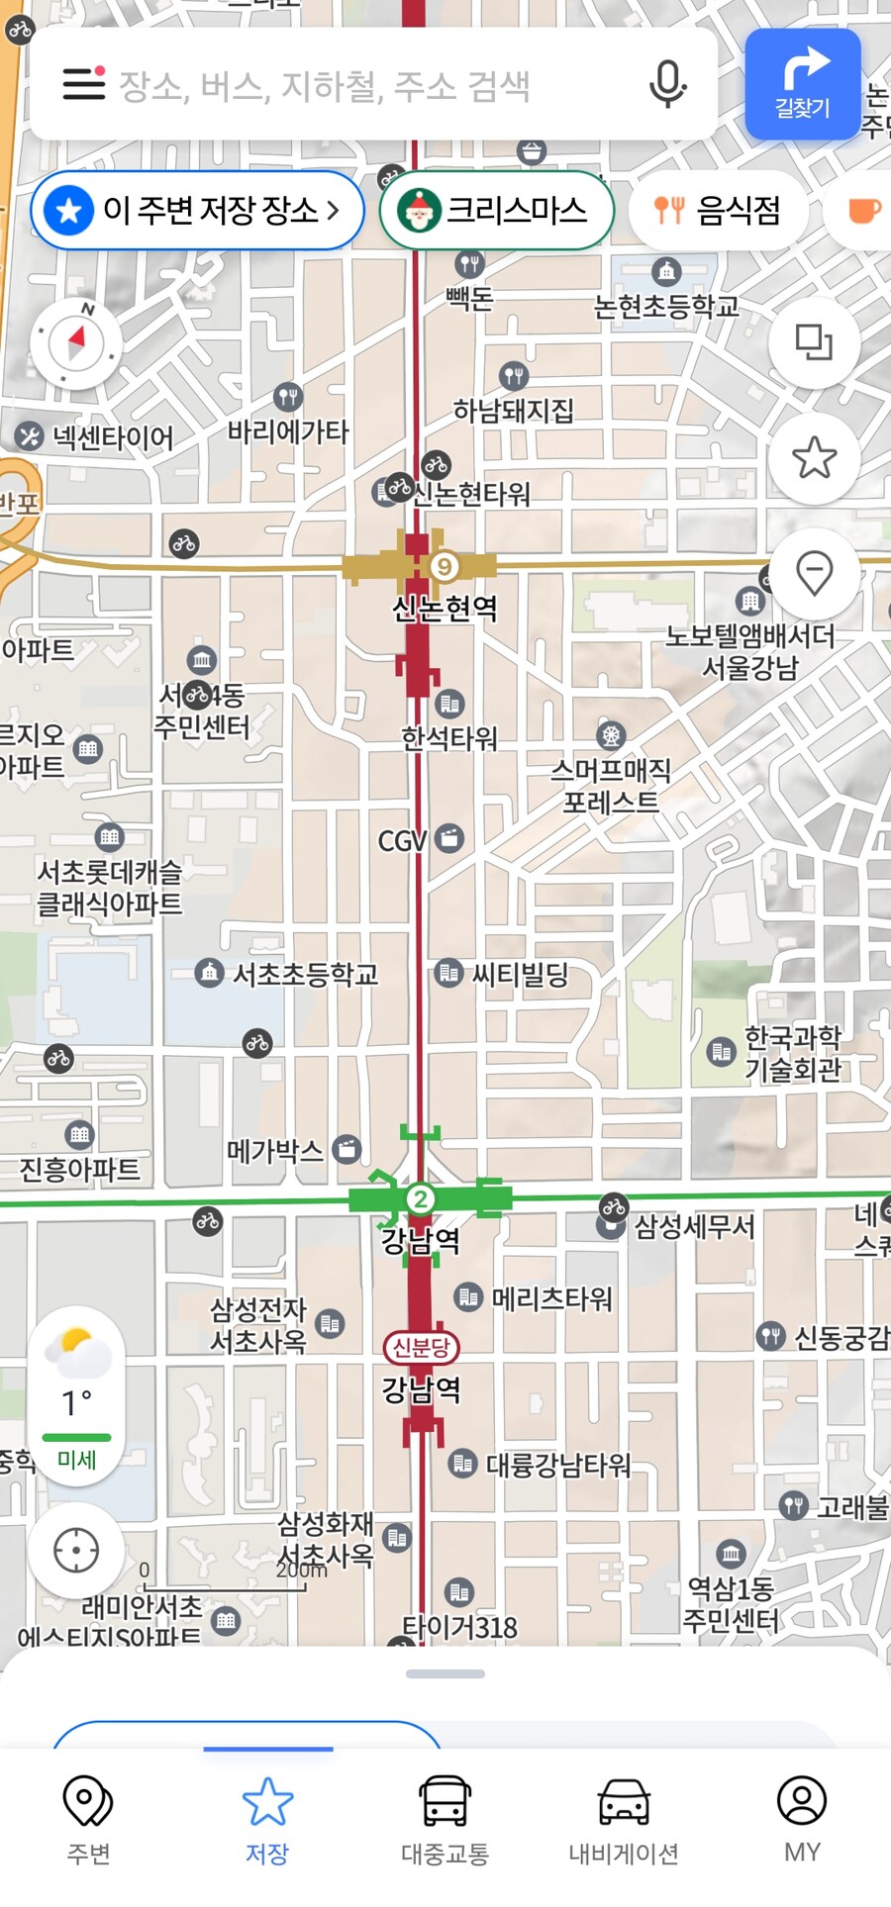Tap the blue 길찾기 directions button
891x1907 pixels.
tap(802, 84)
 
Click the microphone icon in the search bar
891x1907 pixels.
tap(667, 85)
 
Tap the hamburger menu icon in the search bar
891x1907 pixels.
tap(84, 84)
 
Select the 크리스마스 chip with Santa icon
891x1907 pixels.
tap(496, 210)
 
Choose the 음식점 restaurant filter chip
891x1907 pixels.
tap(718, 210)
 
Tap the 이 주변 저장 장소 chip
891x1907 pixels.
tap(198, 210)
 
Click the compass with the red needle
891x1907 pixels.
tap(76, 342)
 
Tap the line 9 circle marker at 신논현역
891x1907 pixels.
tap(445, 566)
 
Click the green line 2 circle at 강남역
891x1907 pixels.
tap(421, 1199)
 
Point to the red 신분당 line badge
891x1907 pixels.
tap(421, 1347)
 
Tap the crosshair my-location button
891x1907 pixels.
tap(76, 1550)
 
